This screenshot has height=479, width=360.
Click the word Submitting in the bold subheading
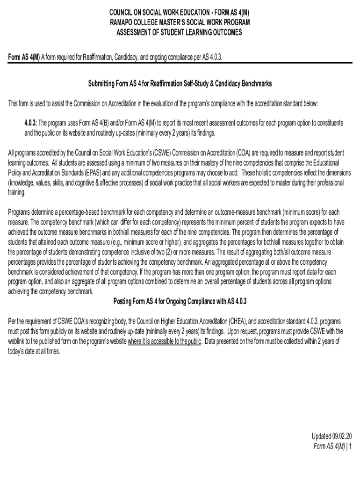point(102,83)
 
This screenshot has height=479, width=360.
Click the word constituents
point(329,123)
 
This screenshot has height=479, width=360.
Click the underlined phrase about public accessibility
point(165,341)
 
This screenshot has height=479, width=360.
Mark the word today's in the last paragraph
point(18,351)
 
